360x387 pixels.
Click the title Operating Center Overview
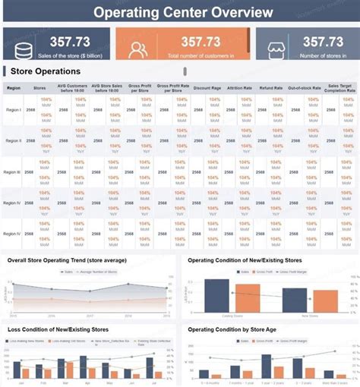[x=180, y=12]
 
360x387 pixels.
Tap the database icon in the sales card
[x=24, y=49]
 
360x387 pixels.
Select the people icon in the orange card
[x=138, y=49]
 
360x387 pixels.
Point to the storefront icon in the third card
[x=274, y=49]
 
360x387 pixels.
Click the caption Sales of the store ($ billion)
[x=71, y=56]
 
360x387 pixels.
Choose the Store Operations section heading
[x=46, y=71]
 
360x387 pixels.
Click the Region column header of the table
[x=14, y=88]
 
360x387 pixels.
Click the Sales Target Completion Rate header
[x=340, y=88]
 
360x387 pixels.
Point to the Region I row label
[x=14, y=110]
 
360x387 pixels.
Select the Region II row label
[x=14, y=141]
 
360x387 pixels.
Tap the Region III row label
[x=14, y=172]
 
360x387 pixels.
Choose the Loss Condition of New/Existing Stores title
[x=68, y=331]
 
